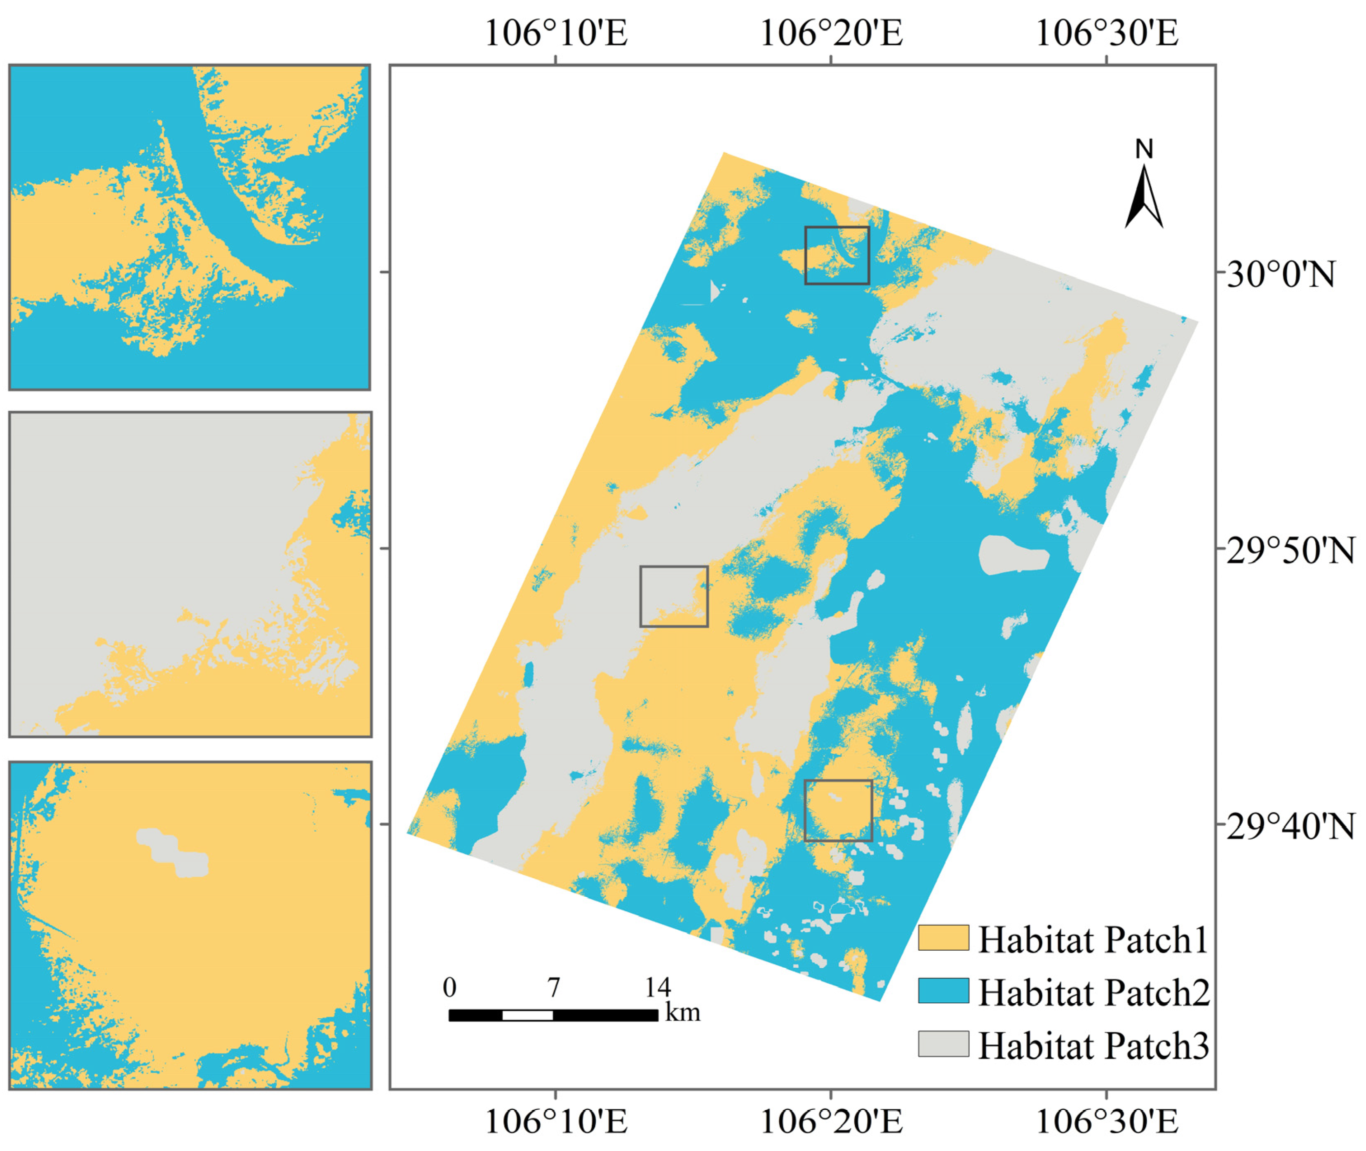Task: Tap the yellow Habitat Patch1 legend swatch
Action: click(943, 938)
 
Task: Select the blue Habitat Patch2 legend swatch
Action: click(943, 991)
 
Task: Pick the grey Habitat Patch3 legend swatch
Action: click(943, 1043)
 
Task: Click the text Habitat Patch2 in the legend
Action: click(1093, 992)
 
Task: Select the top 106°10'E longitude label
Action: click(555, 33)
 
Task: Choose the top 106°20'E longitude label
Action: click(832, 33)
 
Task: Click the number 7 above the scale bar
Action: click(553, 988)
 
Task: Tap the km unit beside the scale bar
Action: click(683, 1013)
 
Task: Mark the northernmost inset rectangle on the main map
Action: click(837, 255)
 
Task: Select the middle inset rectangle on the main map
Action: click(674, 596)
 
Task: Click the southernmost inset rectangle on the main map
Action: click(838, 810)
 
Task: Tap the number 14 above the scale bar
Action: click(658, 988)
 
